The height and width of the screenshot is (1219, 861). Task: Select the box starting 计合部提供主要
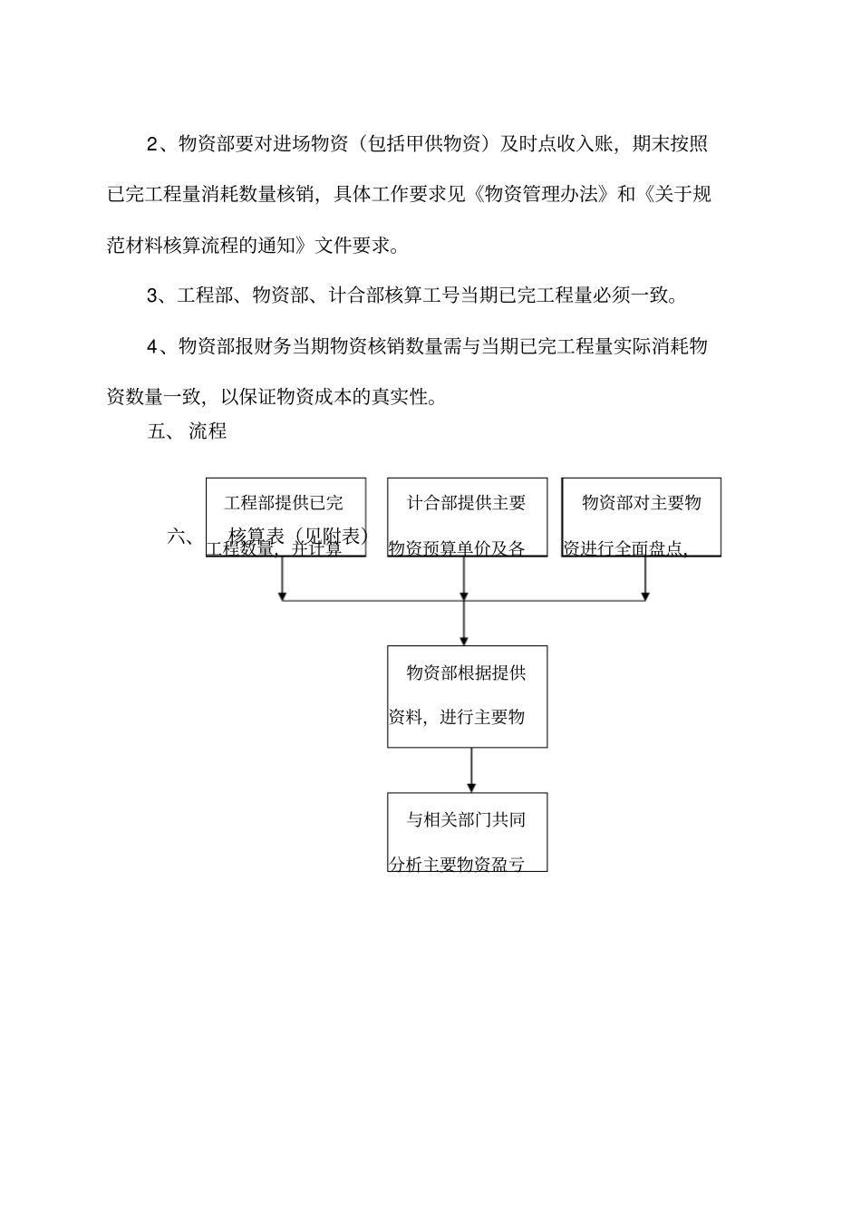pyautogui.click(x=467, y=516)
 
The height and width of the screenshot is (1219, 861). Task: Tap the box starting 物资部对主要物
pyautogui.click(x=641, y=516)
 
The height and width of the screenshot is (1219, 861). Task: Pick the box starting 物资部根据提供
pyautogui.click(x=467, y=695)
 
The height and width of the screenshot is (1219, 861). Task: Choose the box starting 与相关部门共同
pyautogui.click(x=467, y=831)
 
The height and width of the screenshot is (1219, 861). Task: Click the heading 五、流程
pyautogui.click(x=187, y=431)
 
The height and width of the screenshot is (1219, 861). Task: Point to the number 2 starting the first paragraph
pyautogui.click(x=151, y=144)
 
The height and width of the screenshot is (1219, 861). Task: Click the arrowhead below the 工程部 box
pyautogui.click(x=283, y=595)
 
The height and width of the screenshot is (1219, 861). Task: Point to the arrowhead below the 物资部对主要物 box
pyautogui.click(x=645, y=595)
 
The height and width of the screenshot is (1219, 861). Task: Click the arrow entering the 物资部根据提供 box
pyautogui.click(x=464, y=638)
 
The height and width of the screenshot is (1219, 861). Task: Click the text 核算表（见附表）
pyautogui.click(x=299, y=536)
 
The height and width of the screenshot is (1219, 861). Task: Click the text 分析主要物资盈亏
pyautogui.click(x=457, y=864)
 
